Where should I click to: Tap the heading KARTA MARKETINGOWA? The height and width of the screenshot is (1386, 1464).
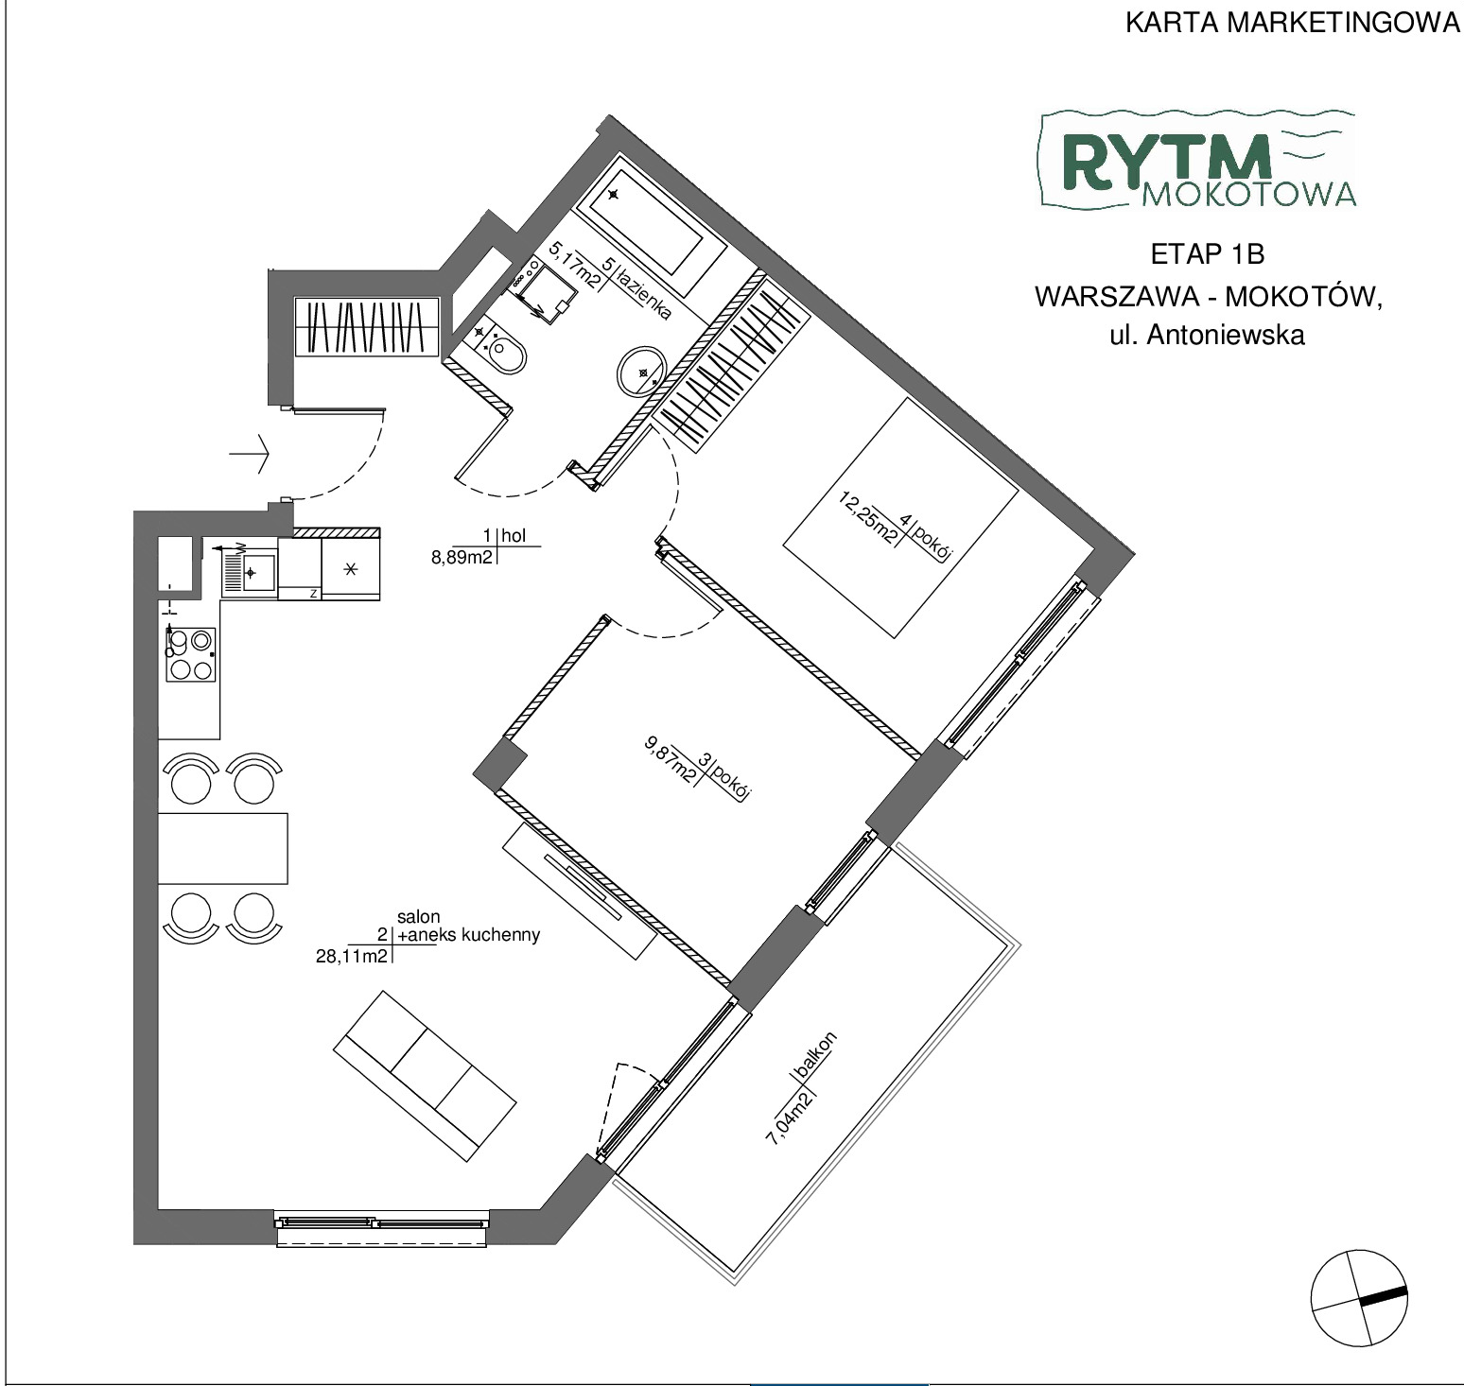(1293, 24)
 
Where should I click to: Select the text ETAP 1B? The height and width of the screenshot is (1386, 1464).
(1208, 254)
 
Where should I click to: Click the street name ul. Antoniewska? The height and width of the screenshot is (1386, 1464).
(1207, 335)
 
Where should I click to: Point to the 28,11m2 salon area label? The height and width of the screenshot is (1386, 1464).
(350, 956)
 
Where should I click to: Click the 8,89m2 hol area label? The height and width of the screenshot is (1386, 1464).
(462, 557)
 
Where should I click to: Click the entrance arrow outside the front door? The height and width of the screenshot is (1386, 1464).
(250, 455)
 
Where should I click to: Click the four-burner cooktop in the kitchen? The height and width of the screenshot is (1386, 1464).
(190, 654)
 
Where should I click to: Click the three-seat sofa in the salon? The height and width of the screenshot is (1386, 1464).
(425, 1075)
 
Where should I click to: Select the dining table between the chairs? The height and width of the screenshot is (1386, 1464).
(223, 847)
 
